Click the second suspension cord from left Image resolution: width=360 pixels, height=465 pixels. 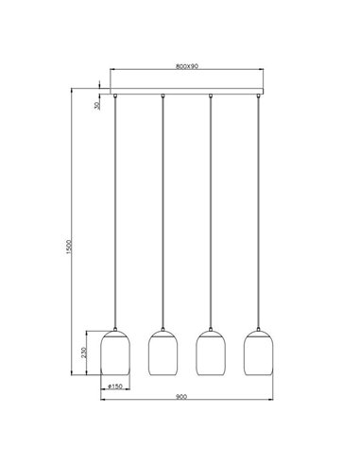pos(163,208)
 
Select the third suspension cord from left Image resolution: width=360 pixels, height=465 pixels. pos(210,208)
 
